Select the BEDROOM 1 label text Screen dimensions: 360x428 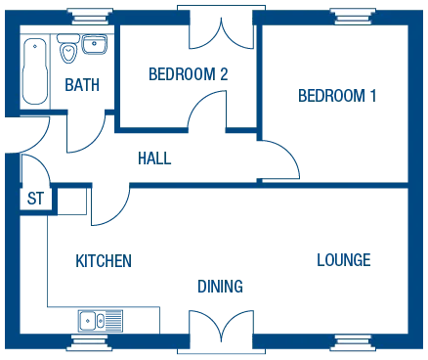point(337,95)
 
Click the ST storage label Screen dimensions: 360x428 point(36,200)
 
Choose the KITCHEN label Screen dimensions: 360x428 point(102,261)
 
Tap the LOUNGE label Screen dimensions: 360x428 point(344,259)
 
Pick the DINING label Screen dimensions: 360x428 point(218,286)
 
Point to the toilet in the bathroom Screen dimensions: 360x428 point(70,52)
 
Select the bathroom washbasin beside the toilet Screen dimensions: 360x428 point(94,44)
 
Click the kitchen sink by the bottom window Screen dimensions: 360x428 point(93,319)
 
